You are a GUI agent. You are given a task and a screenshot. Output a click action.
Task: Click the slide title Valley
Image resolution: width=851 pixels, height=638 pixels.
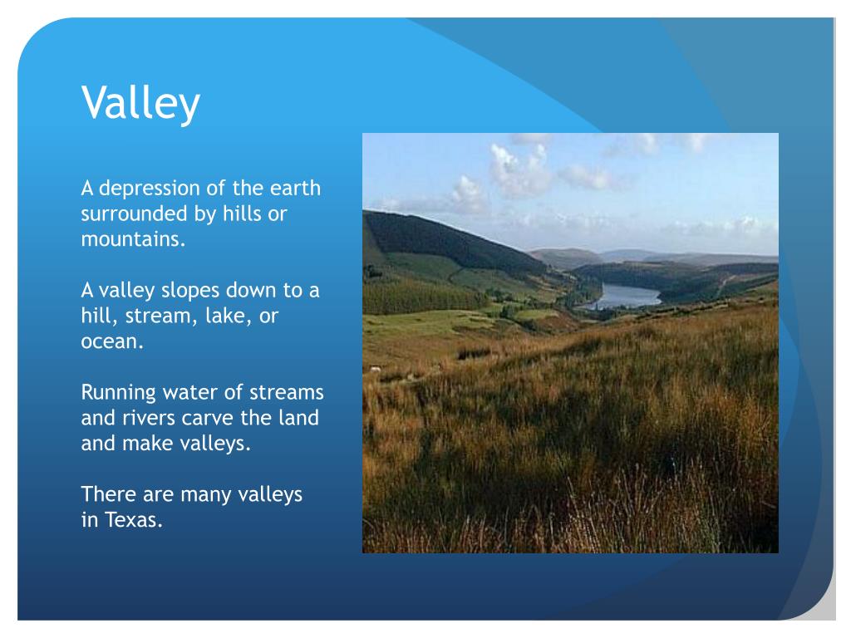(x=140, y=103)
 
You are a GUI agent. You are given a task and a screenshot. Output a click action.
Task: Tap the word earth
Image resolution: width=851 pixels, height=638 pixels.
(x=295, y=188)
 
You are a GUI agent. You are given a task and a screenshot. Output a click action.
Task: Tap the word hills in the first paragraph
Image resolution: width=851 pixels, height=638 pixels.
(x=241, y=213)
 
